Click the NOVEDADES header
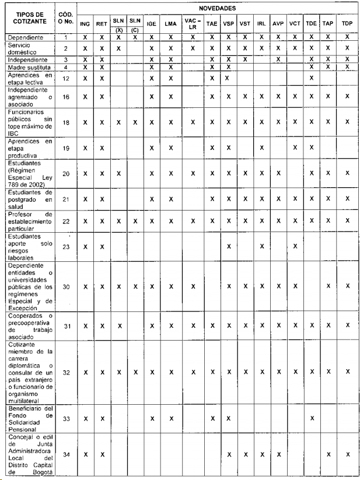216,9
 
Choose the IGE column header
152,23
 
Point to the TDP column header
347,23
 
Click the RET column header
102,23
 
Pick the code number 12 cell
65,78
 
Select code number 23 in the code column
65,247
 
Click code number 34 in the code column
65,455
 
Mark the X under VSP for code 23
229,247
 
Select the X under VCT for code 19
295,148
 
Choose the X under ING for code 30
85,286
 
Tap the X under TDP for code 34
347,455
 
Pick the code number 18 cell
65,122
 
